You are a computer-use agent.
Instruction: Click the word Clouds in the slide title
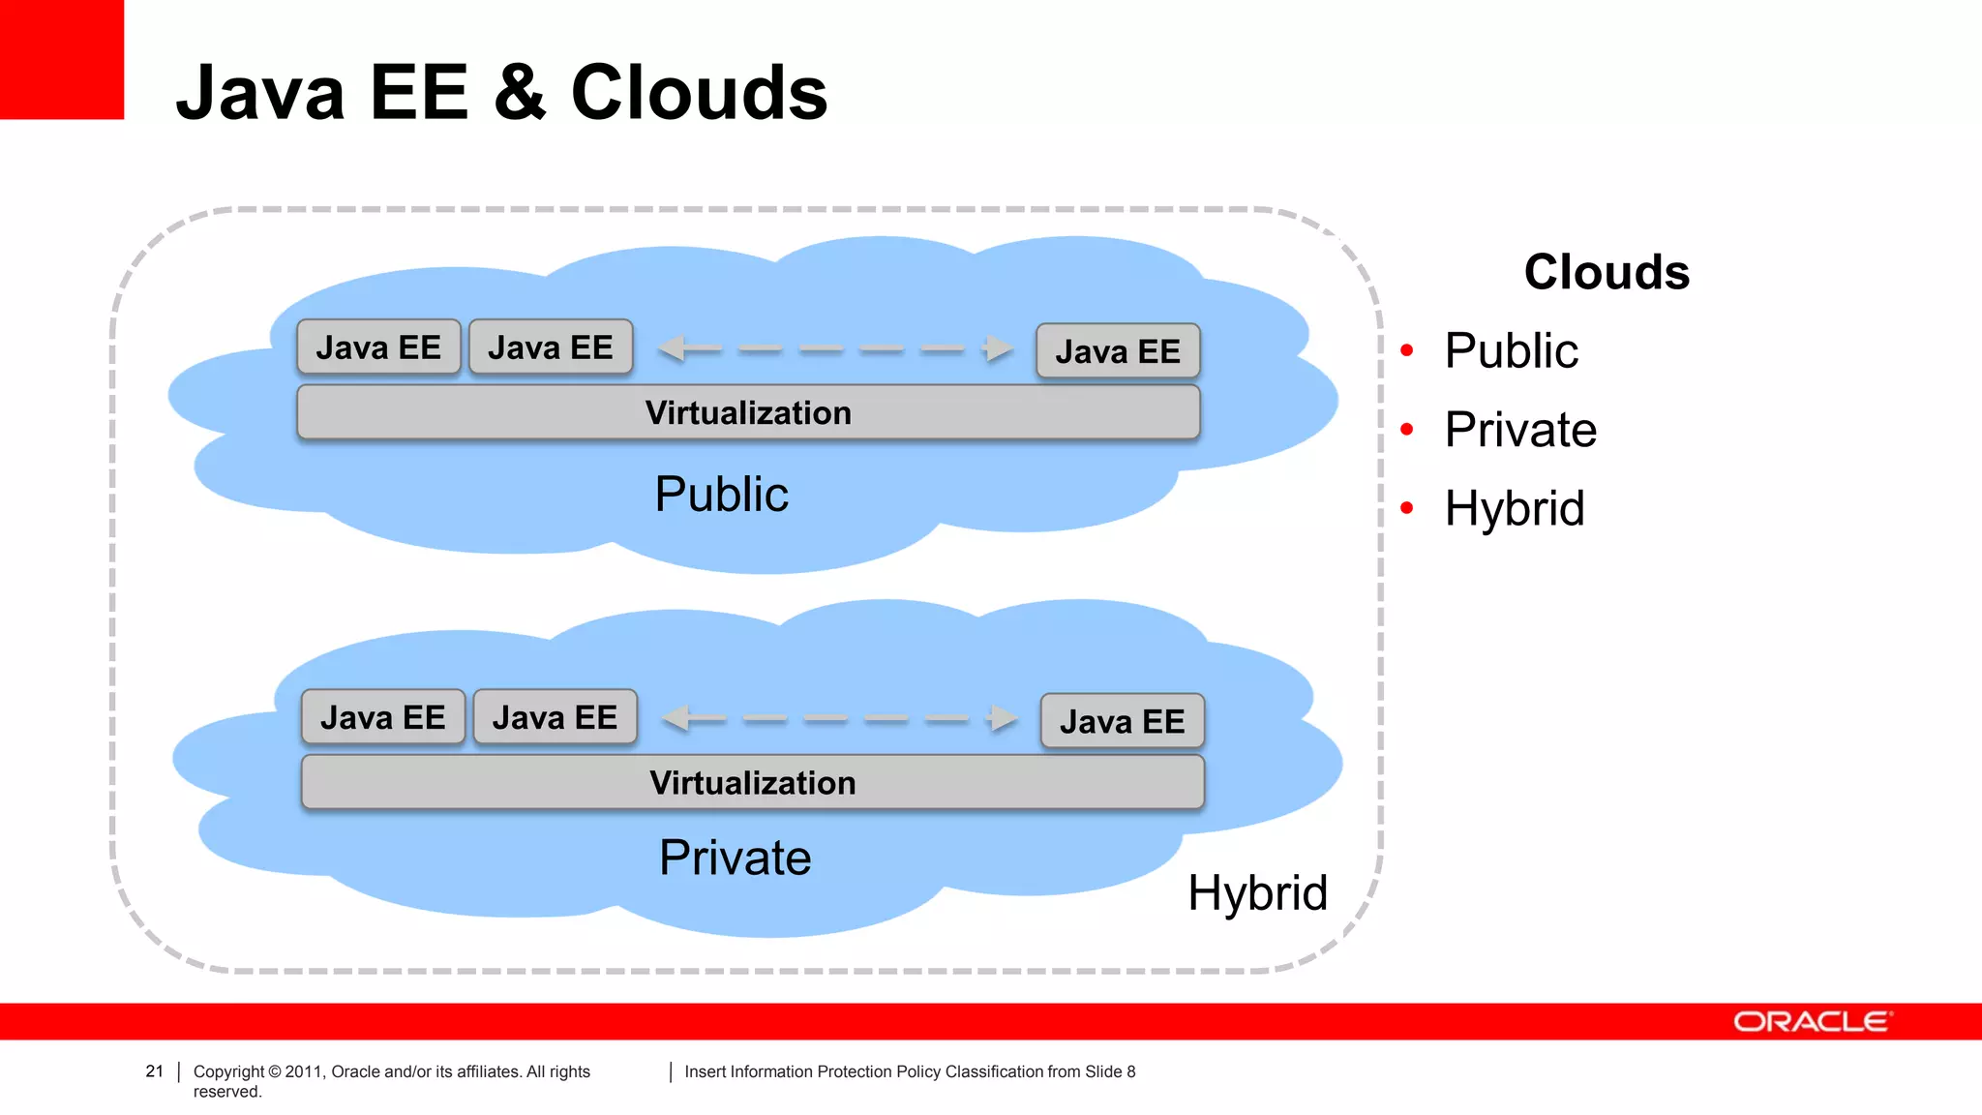(x=699, y=93)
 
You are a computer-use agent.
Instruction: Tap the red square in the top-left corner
(x=61, y=59)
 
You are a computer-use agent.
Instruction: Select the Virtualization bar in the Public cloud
(x=748, y=413)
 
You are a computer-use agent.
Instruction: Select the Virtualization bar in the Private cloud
(x=752, y=783)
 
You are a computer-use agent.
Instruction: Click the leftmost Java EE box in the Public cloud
(x=378, y=347)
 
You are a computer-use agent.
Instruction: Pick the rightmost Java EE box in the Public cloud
(x=1118, y=351)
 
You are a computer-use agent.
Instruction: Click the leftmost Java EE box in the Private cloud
(x=382, y=717)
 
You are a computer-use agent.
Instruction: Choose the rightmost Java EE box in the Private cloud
(x=1122, y=721)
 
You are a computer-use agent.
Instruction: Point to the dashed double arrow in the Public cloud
(x=835, y=348)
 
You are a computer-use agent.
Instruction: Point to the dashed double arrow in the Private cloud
(x=839, y=718)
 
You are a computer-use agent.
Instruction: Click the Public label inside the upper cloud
(x=721, y=495)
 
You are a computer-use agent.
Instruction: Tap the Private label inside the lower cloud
(x=735, y=858)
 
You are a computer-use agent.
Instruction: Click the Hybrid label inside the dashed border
(x=1257, y=892)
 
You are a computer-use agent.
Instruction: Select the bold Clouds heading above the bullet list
(x=1607, y=272)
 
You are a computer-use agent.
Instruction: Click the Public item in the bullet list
(x=1511, y=350)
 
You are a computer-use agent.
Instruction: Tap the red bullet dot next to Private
(x=1407, y=429)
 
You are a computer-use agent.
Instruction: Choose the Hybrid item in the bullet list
(x=1514, y=508)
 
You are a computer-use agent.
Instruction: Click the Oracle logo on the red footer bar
(x=1812, y=1022)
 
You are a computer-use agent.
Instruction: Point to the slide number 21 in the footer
(x=154, y=1071)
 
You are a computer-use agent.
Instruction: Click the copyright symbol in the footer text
(x=274, y=1071)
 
